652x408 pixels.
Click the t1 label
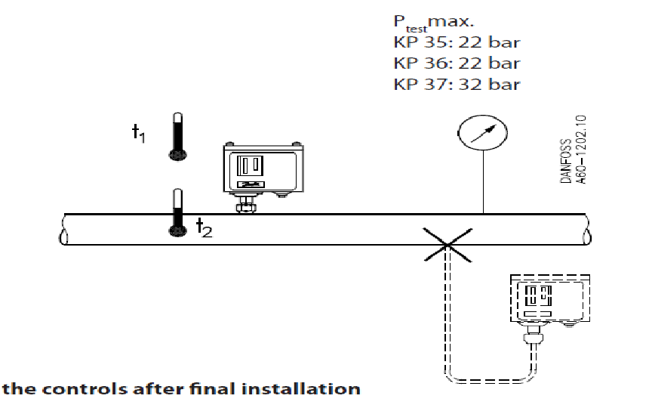pyautogui.click(x=138, y=134)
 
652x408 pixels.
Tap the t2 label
pyautogui.click(x=204, y=227)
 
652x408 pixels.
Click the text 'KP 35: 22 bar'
pyautogui.click(x=457, y=42)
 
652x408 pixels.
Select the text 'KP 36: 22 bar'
pyautogui.click(x=457, y=63)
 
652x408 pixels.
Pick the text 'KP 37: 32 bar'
pyautogui.click(x=457, y=83)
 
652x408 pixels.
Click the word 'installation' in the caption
pyautogui.click(x=298, y=389)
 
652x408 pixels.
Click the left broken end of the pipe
pyautogui.click(x=62, y=229)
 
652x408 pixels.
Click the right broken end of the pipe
pyautogui.click(x=587, y=229)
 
